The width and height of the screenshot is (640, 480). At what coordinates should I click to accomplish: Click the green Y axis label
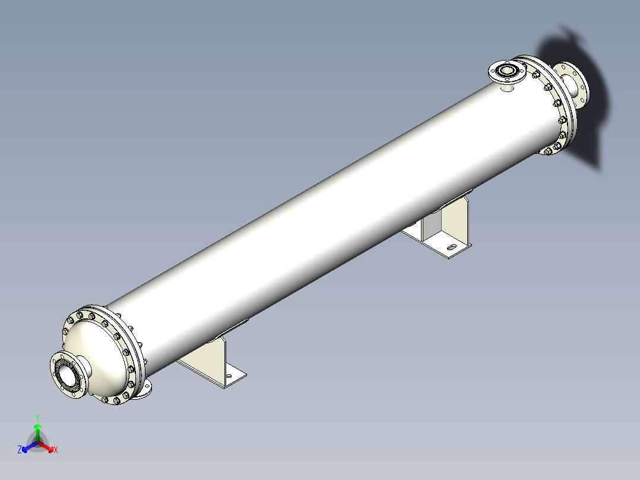(37, 417)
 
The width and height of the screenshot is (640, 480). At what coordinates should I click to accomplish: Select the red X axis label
(56, 450)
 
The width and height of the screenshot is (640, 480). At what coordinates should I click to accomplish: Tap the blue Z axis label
(20, 450)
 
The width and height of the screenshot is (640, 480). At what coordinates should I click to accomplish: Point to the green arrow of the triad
(37, 430)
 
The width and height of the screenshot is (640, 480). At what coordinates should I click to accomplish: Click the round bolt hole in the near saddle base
(229, 376)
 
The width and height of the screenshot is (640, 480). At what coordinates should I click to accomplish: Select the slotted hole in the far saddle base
(452, 248)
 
